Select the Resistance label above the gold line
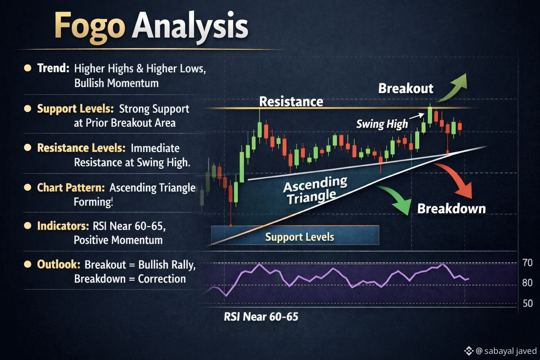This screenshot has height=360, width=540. click(291, 102)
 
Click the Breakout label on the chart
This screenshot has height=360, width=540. click(405, 88)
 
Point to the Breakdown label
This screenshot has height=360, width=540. click(451, 208)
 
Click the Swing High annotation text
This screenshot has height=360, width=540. click(382, 124)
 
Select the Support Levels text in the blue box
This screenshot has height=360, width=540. click(300, 237)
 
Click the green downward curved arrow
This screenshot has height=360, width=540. click(398, 198)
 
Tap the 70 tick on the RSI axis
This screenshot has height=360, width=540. click(527, 263)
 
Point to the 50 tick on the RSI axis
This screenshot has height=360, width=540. click(527, 303)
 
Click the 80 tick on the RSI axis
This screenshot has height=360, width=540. click(527, 283)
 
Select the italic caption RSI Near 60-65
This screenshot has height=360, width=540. click(261, 317)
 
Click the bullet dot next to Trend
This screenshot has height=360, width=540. click(28, 68)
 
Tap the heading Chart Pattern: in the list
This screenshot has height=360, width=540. click(71, 188)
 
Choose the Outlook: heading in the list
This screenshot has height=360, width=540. click(59, 264)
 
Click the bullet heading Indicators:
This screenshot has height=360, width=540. click(63, 226)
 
